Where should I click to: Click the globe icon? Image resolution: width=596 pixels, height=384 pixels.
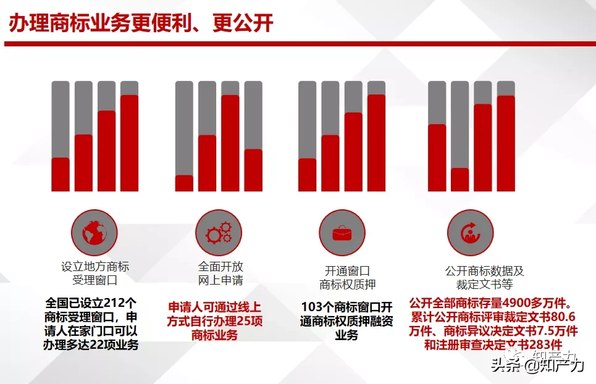pyautogui.click(x=94, y=233)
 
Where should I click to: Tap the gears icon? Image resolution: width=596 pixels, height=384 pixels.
pyautogui.click(x=219, y=233)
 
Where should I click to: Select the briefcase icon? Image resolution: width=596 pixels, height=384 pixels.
pyautogui.click(x=342, y=233)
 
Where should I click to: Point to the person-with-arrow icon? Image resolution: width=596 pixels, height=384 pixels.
pyautogui.click(x=471, y=233)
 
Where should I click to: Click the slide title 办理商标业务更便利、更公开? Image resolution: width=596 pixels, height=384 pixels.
pyautogui.click(x=141, y=23)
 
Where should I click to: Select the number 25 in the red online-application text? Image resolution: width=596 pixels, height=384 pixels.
pyautogui.click(x=243, y=321)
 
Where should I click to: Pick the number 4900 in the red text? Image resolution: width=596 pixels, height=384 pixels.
pyautogui.click(x=518, y=303)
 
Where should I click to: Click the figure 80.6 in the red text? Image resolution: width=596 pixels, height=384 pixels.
pyautogui.click(x=563, y=317)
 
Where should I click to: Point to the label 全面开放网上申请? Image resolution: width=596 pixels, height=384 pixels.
pyautogui.click(x=220, y=273)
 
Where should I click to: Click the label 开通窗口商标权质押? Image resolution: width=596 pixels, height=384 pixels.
pyautogui.click(x=348, y=278)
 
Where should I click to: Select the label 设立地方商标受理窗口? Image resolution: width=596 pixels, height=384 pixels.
pyautogui.click(x=95, y=273)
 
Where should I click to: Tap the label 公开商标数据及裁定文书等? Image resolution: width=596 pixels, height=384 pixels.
pyautogui.click(x=485, y=278)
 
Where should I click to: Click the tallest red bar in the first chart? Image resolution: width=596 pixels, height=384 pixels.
pyautogui.click(x=129, y=143)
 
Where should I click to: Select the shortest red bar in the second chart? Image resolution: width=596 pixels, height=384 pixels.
pyautogui.click(x=184, y=183)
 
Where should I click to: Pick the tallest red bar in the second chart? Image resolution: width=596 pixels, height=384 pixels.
pyautogui.click(x=230, y=143)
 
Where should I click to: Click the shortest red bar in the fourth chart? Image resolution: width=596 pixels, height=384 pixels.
pyautogui.click(x=460, y=180)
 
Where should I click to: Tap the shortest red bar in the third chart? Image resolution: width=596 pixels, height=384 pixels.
pyautogui.click(x=308, y=175)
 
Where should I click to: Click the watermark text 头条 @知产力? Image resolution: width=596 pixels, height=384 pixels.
pyautogui.click(x=537, y=365)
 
